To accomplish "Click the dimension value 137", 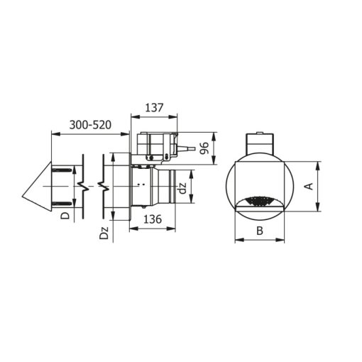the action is (154, 108).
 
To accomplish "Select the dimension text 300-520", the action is (90, 125).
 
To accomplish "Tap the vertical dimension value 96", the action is (204, 148).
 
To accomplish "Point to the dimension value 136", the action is (153, 219).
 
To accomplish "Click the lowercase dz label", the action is (183, 189).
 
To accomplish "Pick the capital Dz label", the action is (104, 233).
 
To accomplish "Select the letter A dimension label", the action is (309, 186).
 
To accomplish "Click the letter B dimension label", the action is (260, 231).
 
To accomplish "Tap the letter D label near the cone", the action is (65, 216).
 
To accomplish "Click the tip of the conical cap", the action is (22, 197).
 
